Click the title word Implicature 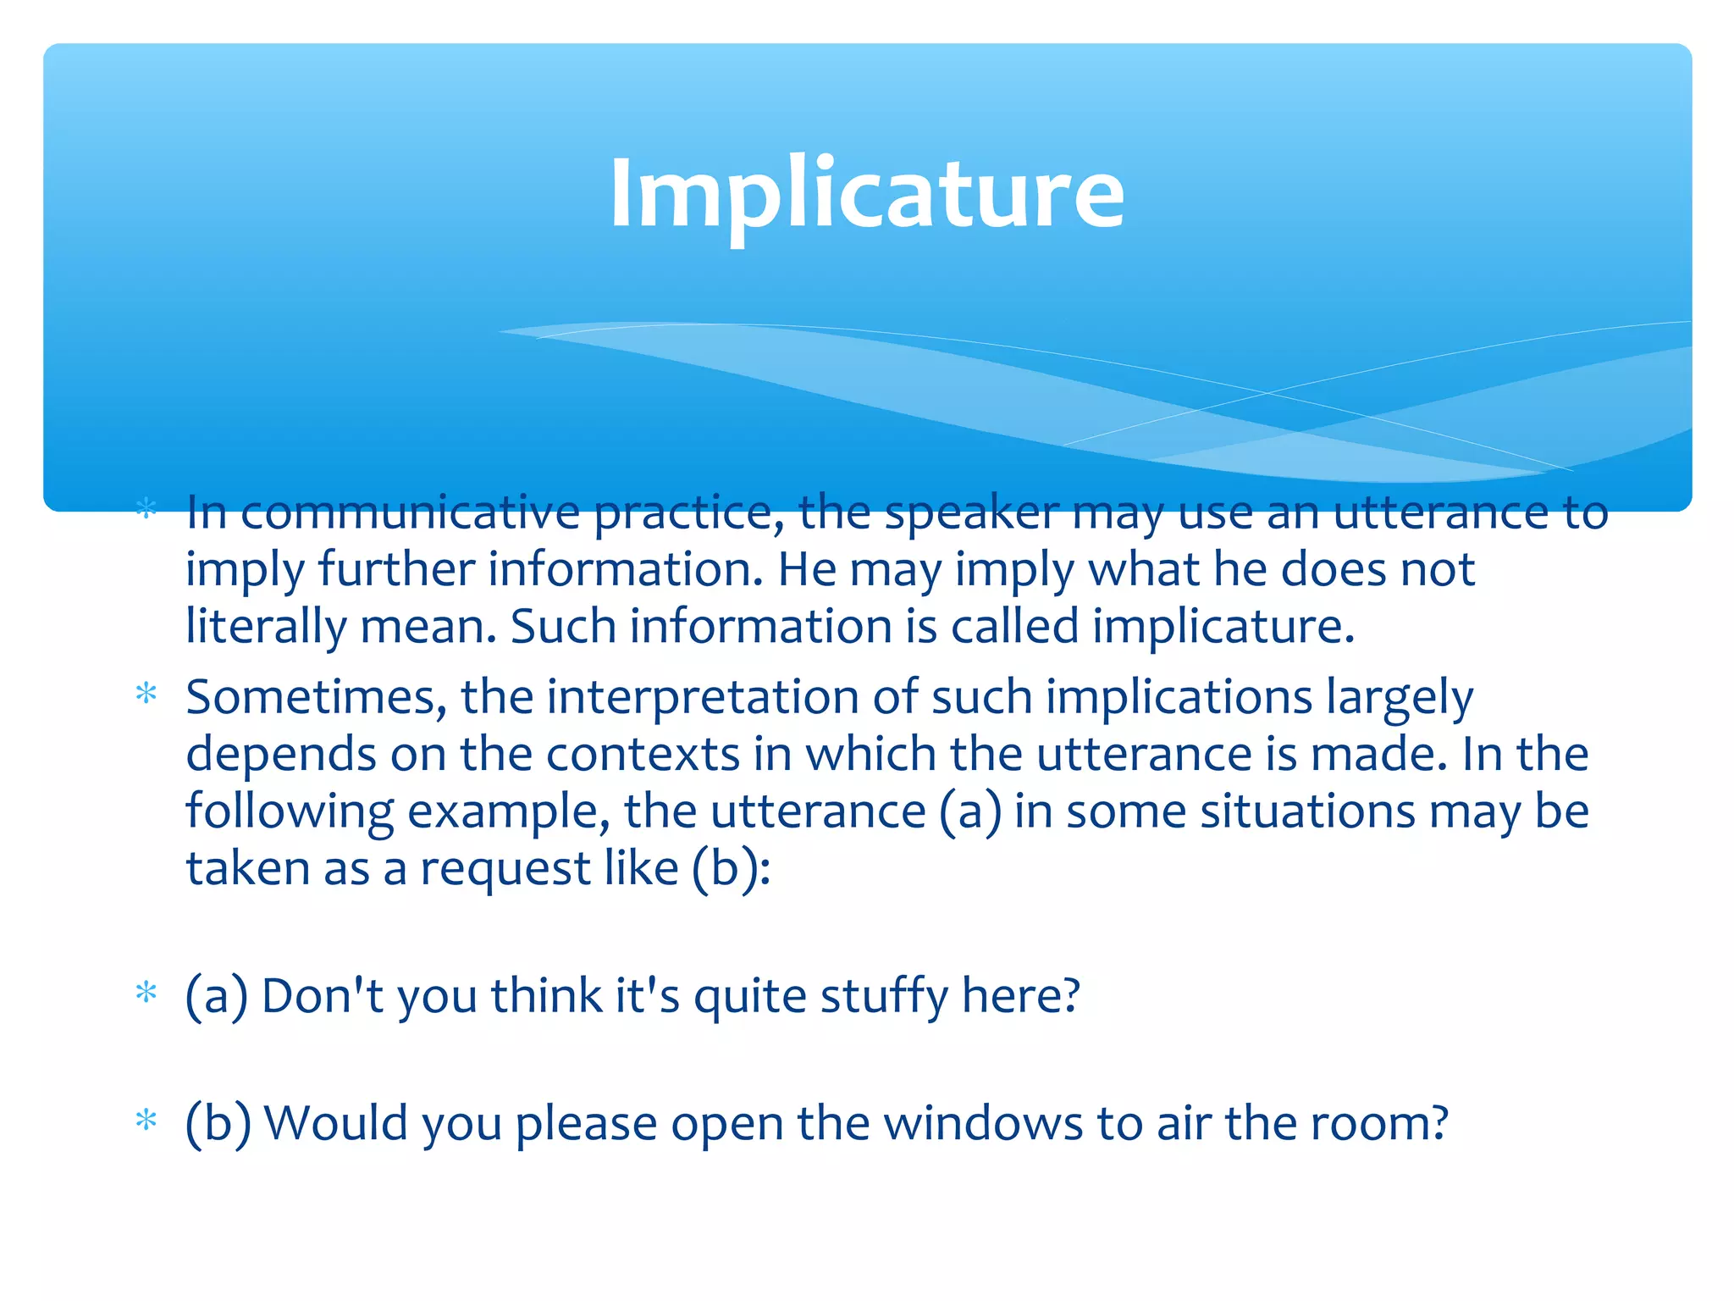tap(866, 195)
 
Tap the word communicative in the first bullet tap(410, 513)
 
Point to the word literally tap(265, 628)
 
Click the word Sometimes tap(315, 698)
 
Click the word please tap(586, 1125)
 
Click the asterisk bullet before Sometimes tap(146, 695)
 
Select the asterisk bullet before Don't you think tap(146, 992)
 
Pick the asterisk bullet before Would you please tap(146, 1121)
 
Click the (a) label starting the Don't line tap(217, 996)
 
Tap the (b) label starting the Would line tap(218, 1124)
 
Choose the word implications tap(1179, 698)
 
